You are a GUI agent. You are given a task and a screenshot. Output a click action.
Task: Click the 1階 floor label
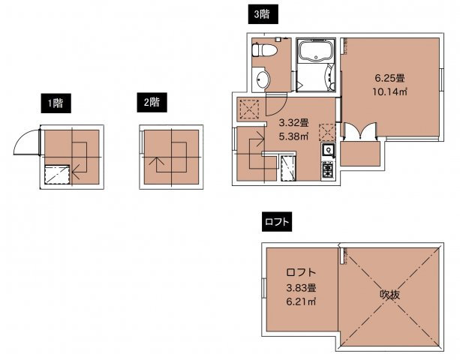click(56, 103)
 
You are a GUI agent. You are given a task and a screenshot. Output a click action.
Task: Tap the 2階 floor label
click(152, 102)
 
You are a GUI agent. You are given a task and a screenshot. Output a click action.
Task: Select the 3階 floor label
click(262, 14)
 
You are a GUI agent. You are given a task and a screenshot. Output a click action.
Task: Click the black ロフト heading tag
click(277, 222)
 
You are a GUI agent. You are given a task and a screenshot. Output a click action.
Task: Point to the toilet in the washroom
click(265, 49)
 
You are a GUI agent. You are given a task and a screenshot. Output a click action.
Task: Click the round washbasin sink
click(263, 79)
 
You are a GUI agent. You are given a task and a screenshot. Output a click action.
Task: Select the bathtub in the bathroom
click(316, 51)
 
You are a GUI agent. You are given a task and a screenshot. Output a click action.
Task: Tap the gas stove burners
click(327, 169)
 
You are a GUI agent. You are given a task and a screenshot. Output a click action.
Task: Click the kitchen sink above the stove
click(328, 151)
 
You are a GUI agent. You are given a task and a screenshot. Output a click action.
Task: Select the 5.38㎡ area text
click(293, 136)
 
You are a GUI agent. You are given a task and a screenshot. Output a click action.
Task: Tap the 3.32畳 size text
click(293, 122)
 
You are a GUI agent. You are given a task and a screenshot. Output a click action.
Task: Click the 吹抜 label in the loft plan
click(390, 295)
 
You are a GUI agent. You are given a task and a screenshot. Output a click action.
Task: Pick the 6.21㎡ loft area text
click(301, 301)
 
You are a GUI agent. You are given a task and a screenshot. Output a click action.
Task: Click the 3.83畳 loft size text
click(301, 287)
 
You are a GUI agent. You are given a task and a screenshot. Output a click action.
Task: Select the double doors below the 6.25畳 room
click(359, 130)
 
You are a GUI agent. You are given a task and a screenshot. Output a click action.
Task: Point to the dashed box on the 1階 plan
click(57, 175)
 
